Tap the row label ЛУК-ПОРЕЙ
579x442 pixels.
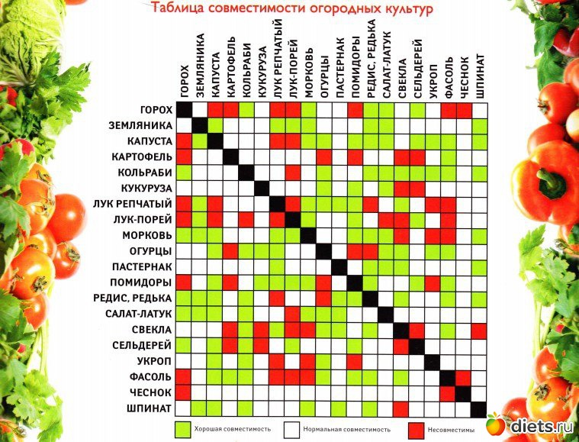pos(144,220)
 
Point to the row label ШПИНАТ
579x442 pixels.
pos(150,408)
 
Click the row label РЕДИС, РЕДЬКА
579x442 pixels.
pos(137,297)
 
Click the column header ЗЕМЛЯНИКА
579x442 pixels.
pos(200,65)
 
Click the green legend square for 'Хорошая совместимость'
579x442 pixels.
pos(182,428)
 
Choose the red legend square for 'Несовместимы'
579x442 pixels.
pos(416,428)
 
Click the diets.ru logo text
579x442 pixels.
pos(542,424)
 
